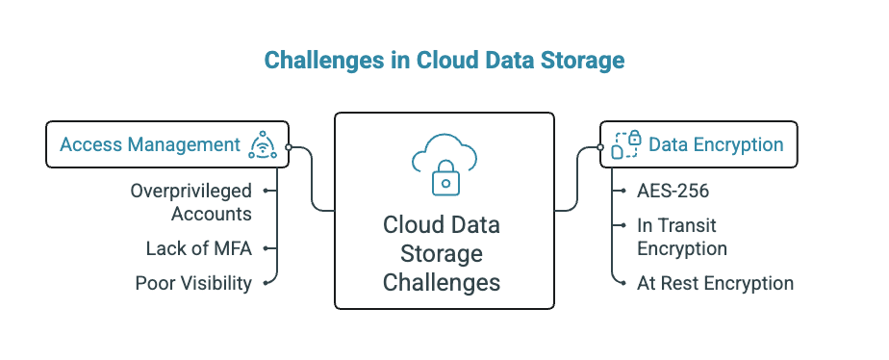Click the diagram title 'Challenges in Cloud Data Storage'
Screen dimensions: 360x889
(x=444, y=61)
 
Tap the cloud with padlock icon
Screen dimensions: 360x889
(x=444, y=165)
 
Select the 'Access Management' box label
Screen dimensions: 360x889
(x=149, y=144)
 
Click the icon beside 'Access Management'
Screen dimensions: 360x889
(x=262, y=144)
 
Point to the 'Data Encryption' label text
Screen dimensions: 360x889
(x=716, y=144)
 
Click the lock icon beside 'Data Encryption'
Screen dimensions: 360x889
(x=626, y=144)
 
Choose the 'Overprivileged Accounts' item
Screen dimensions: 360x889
(x=190, y=202)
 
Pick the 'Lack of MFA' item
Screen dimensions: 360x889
(x=198, y=248)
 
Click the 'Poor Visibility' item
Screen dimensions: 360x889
(x=193, y=283)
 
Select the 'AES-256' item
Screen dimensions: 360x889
(x=673, y=191)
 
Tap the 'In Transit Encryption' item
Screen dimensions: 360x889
(x=681, y=237)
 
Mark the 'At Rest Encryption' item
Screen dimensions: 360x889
(x=715, y=283)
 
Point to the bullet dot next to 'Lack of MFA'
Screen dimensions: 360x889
(x=264, y=248)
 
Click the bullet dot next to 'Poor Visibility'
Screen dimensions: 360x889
(x=264, y=283)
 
